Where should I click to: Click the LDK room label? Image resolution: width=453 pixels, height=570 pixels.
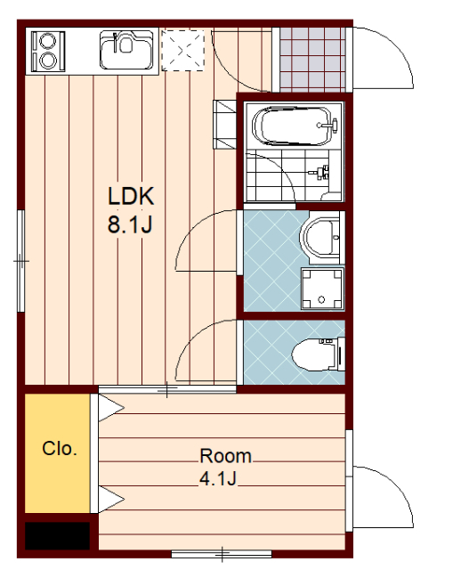pos(131,196)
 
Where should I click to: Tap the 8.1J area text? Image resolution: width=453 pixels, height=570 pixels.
pos(130,224)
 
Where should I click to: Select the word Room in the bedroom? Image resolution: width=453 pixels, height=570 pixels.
pos(225,456)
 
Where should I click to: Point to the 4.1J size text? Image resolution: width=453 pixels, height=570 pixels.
pos(218,478)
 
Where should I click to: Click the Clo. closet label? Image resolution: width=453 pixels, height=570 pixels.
pos(60,449)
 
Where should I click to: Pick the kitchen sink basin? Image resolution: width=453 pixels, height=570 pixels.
pos(126,50)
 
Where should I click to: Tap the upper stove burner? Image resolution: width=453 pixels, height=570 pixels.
pos(47,40)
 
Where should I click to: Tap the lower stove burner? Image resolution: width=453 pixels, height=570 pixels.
pos(47,61)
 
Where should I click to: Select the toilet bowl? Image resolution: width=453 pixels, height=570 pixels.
pos(314,354)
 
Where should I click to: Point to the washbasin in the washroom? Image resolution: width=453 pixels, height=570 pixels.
pos(320,238)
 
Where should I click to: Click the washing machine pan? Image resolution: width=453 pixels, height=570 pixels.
pos(322,289)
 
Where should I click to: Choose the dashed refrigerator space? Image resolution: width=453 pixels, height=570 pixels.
pos(182,50)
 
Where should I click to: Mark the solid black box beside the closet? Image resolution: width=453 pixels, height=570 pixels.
pos(57,536)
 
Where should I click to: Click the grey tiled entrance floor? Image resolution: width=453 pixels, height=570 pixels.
pos(312,60)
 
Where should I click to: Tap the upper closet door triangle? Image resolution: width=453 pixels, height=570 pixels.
pos(111,408)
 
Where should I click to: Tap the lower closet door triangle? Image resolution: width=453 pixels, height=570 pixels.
pos(111,500)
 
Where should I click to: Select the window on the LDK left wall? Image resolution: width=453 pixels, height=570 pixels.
pos(21,261)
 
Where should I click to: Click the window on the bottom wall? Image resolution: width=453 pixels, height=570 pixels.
pos(222,554)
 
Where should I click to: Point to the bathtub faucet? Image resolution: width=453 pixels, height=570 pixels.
pos(328,126)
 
